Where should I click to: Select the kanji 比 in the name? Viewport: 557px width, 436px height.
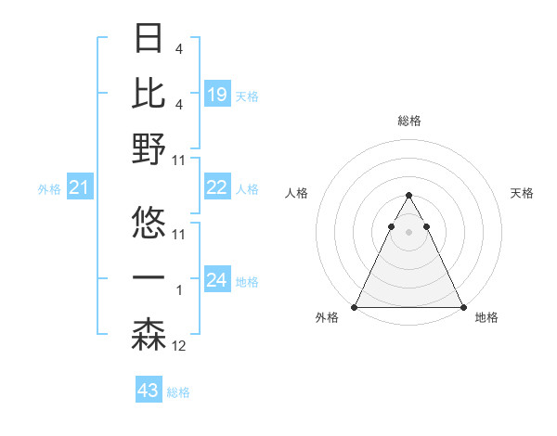149,94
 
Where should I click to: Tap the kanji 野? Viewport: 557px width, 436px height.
149,149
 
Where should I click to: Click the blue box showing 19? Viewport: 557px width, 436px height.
217,94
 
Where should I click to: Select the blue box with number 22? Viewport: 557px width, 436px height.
217,187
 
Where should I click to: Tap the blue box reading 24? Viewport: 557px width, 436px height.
217,280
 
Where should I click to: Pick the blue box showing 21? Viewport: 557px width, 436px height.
80,188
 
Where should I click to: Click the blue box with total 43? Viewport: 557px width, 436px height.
148,391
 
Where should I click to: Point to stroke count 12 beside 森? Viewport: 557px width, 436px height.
179,346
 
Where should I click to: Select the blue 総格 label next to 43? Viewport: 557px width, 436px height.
178,392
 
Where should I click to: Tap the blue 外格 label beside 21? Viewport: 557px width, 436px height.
49,189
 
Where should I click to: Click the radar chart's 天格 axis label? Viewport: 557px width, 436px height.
523,193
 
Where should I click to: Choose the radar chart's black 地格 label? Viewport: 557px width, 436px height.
486,317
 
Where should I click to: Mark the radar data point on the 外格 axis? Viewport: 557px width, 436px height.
355,307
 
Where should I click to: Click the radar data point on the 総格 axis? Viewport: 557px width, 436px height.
408,196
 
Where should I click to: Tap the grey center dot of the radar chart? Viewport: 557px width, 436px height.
408,232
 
